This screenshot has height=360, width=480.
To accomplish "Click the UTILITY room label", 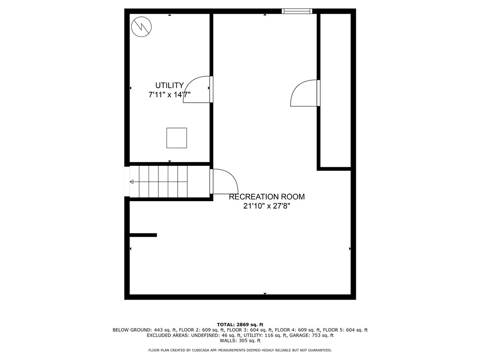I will coord(169,85).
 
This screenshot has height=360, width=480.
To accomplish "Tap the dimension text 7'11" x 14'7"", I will coord(169,95).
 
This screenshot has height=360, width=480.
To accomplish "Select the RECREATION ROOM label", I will coord(267,197).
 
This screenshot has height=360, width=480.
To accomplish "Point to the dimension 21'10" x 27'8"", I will coord(267,206).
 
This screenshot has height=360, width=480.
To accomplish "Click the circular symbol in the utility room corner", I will coord(141,27).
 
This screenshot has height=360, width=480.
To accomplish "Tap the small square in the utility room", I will coord(177,138).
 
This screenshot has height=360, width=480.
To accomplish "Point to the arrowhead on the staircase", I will coord(132,182).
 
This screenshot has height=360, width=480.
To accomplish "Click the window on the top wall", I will coord(297,11).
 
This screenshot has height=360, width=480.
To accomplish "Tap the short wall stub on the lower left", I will coord(143,235).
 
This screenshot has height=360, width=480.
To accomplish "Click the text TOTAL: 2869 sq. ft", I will coord(240,324).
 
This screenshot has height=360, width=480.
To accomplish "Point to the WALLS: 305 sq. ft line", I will coord(240,341).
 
